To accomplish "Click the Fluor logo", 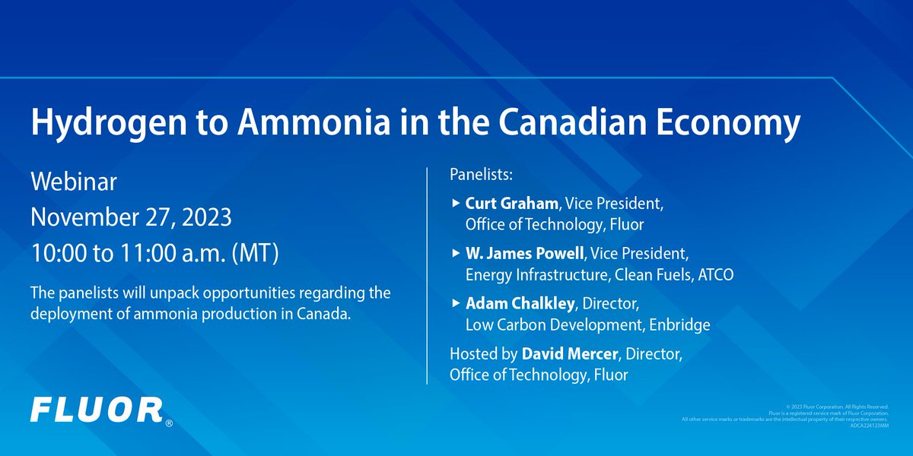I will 97,410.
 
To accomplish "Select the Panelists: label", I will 482,176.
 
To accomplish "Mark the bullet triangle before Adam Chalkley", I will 455,303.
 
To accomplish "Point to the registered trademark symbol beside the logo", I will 169,423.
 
